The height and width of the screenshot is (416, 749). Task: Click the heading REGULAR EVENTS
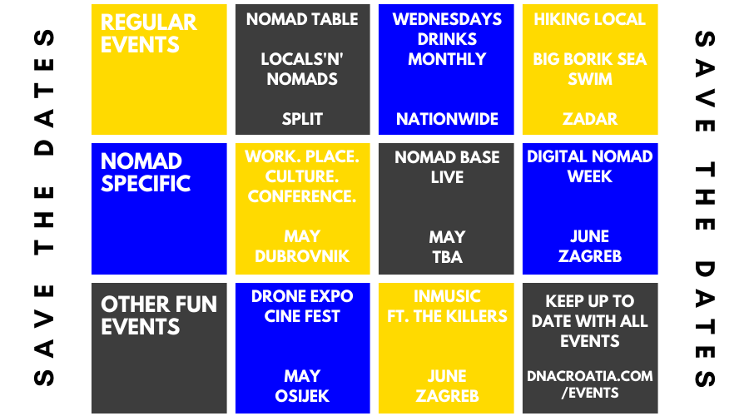pyautogui.click(x=149, y=33)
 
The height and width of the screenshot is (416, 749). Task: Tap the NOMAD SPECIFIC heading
pyautogui.click(x=146, y=172)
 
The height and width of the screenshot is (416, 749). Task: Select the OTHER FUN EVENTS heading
pyautogui.click(x=159, y=315)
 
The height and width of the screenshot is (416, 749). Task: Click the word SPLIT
pyautogui.click(x=302, y=119)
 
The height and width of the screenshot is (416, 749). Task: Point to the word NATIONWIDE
pyautogui.click(x=447, y=119)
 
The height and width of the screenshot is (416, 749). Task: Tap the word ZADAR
pyautogui.click(x=590, y=119)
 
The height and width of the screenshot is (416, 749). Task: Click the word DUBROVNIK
pyautogui.click(x=302, y=256)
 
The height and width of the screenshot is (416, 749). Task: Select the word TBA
pyautogui.click(x=447, y=257)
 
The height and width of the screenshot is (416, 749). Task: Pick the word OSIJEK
pyautogui.click(x=302, y=396)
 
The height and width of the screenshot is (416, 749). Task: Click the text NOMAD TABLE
pyautogui.click(x=302, y=19)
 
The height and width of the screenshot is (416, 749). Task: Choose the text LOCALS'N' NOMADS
pyautogui.click(x=302, y=69)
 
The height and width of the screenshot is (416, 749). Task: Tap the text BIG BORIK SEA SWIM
pyautogui.click(x=590, y=69)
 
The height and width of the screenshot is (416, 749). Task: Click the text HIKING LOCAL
pyautogui.click(x=590, y=19)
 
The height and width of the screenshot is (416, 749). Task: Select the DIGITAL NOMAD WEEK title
pyautogui.click(x=590, y=166)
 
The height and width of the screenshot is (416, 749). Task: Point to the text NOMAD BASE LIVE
pyautogui.click(x=447, y=167)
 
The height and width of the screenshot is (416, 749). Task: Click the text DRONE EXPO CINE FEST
pyautogui.click(x=302, y=306)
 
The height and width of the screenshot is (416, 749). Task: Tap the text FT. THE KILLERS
pyautogui.click(x=447, y=316)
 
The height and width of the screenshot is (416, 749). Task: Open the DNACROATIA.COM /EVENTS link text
pyautogui.click(x=590, y=384)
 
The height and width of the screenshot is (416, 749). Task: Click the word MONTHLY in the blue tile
pyautogui.click(x=447, y=59)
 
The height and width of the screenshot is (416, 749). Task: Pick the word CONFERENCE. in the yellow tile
pyautogui.click(x=302, y=196)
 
